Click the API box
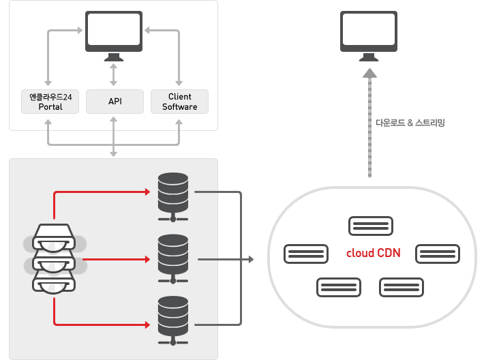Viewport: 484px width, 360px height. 115,102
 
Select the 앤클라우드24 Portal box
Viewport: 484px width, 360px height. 50,102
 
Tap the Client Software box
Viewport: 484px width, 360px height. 179,102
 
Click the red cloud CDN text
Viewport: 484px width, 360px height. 373,253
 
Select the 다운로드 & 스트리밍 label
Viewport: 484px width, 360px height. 410,123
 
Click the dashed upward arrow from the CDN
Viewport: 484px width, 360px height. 369,123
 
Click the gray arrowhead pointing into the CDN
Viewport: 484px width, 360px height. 249,260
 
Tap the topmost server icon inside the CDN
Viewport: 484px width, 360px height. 370,226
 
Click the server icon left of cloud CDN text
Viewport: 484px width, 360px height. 306,254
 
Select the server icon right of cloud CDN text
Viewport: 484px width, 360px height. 437,254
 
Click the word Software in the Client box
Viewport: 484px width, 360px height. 179,107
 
